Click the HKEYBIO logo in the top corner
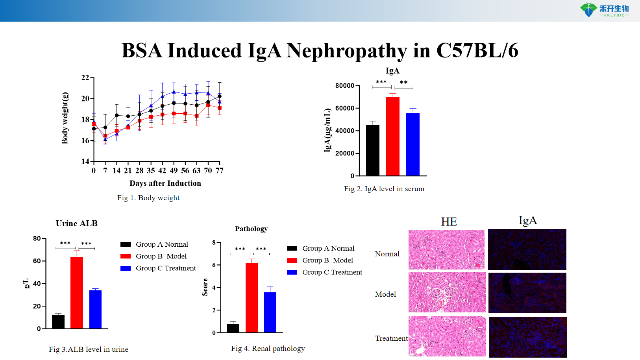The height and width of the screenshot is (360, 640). pyautogui.click(x=604, y=10)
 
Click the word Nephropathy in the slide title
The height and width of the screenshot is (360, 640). pyautogui.click(x=346, y=51)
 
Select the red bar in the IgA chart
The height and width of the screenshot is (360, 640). pyautogui.click(x=392, y=136)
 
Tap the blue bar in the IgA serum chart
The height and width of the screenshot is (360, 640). pyautogui.click(x=412, y=144)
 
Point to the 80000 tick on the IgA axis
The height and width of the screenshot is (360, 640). pyautogui.click(x=345, y=86)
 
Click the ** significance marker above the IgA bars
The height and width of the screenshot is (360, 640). pyautogui.click(x=403, y=83)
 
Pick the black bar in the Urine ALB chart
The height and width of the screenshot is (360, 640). pyautogui.click(x=58, y=321)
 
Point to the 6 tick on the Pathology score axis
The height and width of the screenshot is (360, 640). pyautogui.click(x=214, y=265)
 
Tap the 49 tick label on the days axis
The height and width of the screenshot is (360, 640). pyautogui.click(x=174, y=171)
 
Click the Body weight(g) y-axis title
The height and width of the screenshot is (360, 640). pyautogui.click(x=65, y=118)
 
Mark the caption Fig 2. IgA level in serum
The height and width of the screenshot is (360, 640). pyautogui.click(x=384, y=189)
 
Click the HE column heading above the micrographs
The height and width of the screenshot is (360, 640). pyautogui.click(x=449, y=222)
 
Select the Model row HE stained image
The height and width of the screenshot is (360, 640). pyautogui.click(x=447, y=293)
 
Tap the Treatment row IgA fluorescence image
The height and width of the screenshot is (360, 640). pyautogui.click(x=527, y=337)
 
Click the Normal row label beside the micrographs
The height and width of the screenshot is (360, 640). pyautogui.click(x=387, y=254)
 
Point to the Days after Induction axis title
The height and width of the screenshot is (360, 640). pyautogui.click(x=165, y=183)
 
